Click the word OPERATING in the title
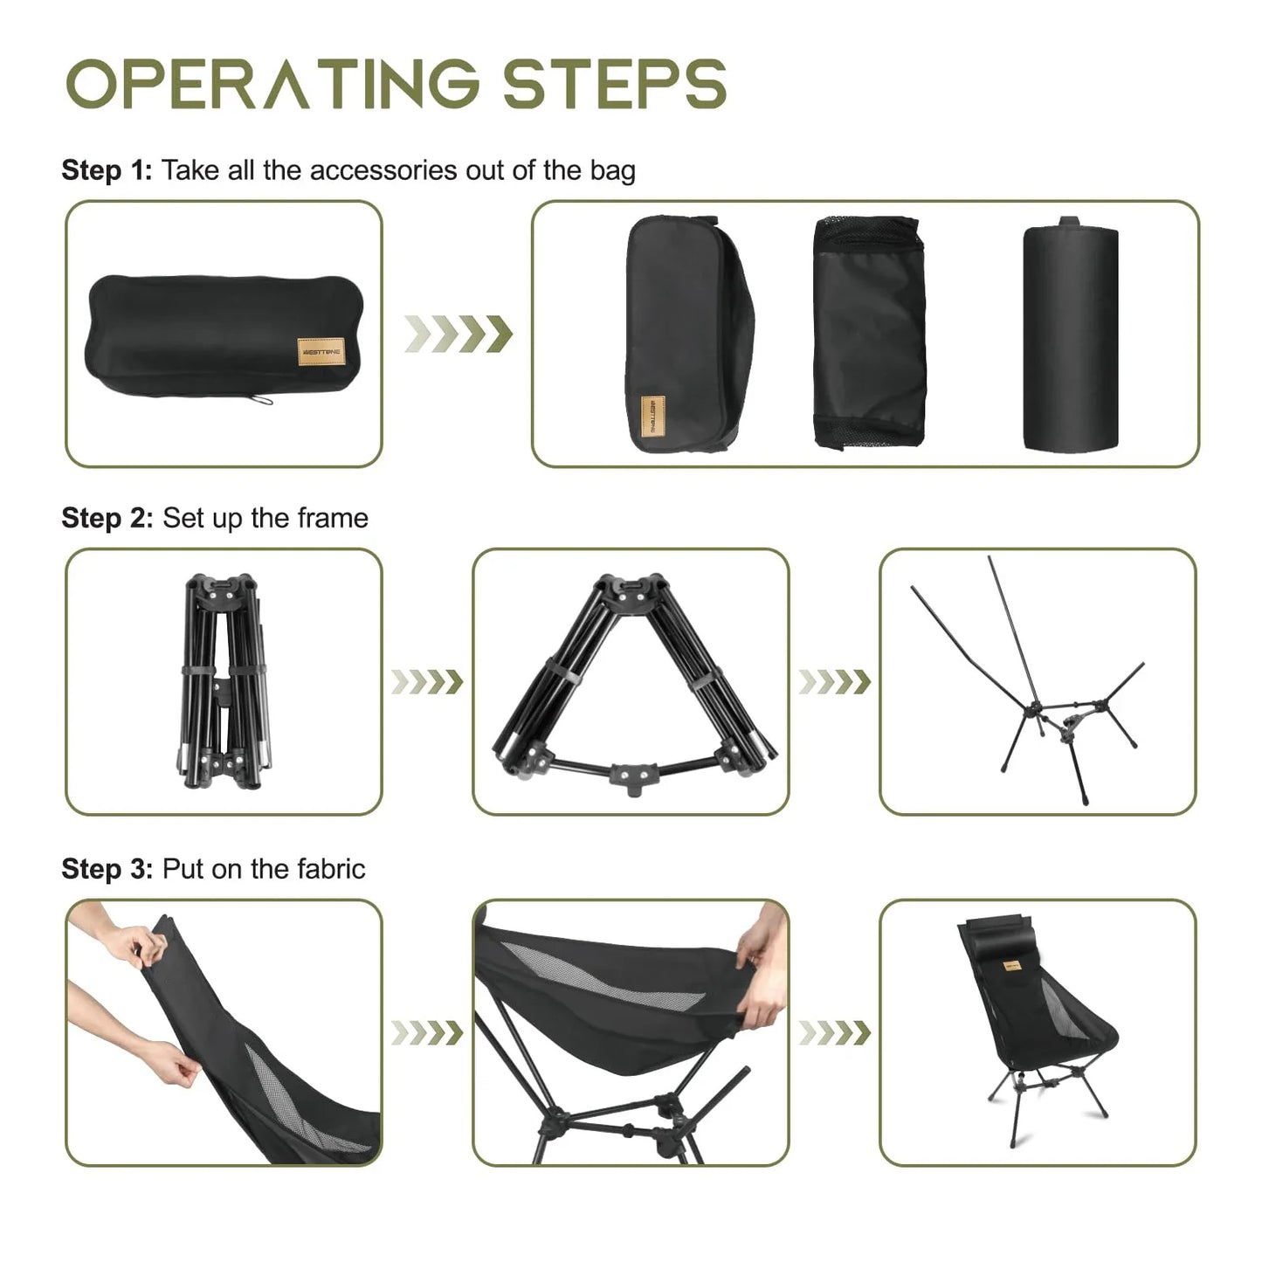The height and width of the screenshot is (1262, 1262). (x=272, y=84)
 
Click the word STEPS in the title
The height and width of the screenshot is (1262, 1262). (x=614, y=84)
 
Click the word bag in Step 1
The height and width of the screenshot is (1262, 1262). (x=612, y=169)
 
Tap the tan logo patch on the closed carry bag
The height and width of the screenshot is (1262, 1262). (x=321, y=352)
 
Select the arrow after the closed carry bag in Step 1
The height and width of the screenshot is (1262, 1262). (x=458, y=334)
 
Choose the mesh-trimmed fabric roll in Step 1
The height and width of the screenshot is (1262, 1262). (x=868, y=333)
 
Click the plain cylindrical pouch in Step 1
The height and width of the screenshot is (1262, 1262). (x=1070, y=336)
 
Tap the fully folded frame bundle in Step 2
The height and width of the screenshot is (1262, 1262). (x=223, y=680)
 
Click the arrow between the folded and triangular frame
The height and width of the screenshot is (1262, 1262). (x=426, y=681)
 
